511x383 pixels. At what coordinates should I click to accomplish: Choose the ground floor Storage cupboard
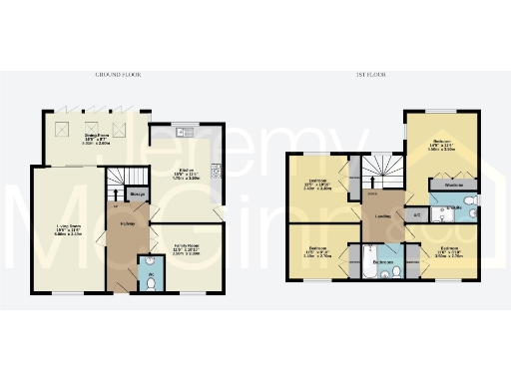click(x=138, y=194)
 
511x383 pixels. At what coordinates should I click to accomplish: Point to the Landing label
click(x=382, y=216)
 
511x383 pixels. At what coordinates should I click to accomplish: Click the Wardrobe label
click(x=452, y=186)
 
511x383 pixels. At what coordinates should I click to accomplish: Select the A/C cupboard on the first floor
click(x=416, y=214)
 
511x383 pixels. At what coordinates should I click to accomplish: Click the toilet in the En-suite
click(x=474, y=212)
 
